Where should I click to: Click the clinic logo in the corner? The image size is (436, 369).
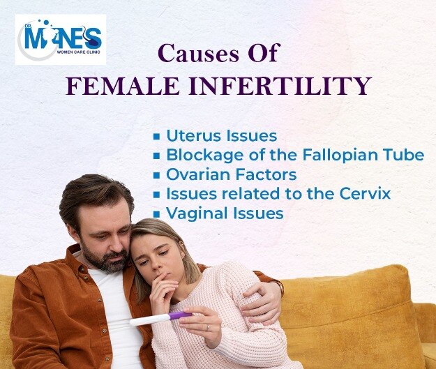61,40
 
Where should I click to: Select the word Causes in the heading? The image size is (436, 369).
198,53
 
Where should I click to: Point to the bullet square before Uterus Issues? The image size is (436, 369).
156,137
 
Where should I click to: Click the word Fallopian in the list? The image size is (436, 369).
340,155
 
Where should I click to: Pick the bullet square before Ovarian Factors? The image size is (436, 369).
156,176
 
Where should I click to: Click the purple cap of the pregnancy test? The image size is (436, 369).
180,315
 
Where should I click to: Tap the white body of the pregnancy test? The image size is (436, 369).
149,320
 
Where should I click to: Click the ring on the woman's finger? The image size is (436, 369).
207,328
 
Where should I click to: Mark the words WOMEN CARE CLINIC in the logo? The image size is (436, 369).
78,52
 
